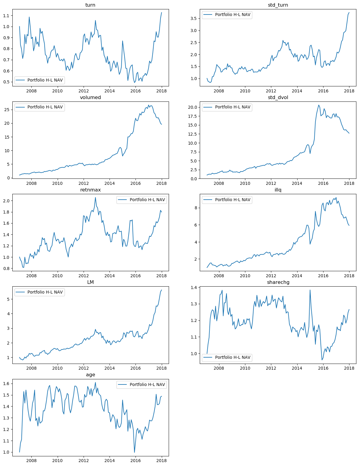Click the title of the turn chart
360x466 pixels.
pyautogui.click(x=90, y=5)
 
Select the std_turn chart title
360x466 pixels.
pyautogui.click(x=278, y=5)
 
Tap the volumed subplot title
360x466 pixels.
pyautogui.click(x=90, y=97)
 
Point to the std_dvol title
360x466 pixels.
pyautogui.click(x=278, y=97)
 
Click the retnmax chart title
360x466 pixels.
pyautogui.click(x=90, y=190)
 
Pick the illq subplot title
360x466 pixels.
pyautogui.click(x=278, y=190)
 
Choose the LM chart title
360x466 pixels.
pyautogui.click(x=90, y=282)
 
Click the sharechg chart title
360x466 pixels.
pyautogui.click(x=278, y=282)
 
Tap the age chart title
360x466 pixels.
pyautogui.click(x=90, y=374)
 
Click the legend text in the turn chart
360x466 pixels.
pyautogui.click(x=45, y=80)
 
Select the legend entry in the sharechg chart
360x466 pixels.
pyautogui.click(x=233, y=357)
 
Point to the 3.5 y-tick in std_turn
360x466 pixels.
pyautogui.click(x=193, y=18)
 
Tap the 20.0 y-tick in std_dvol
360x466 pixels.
pyautogui.click(x=192, y=107)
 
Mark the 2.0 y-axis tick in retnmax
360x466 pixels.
pyautogui.click(x=7, y=201)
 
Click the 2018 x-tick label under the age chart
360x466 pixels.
pyautogui.click(x=161, y=461)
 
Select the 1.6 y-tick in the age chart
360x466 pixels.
pyautogui.click(x=7, y=384)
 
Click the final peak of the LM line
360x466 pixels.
pyautogui.click(x=161, y=290)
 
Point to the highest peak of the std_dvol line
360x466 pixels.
pyautogui.click(x=319, y=105)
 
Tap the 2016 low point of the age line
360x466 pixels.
pyautogui.click(x=135, y=452)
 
